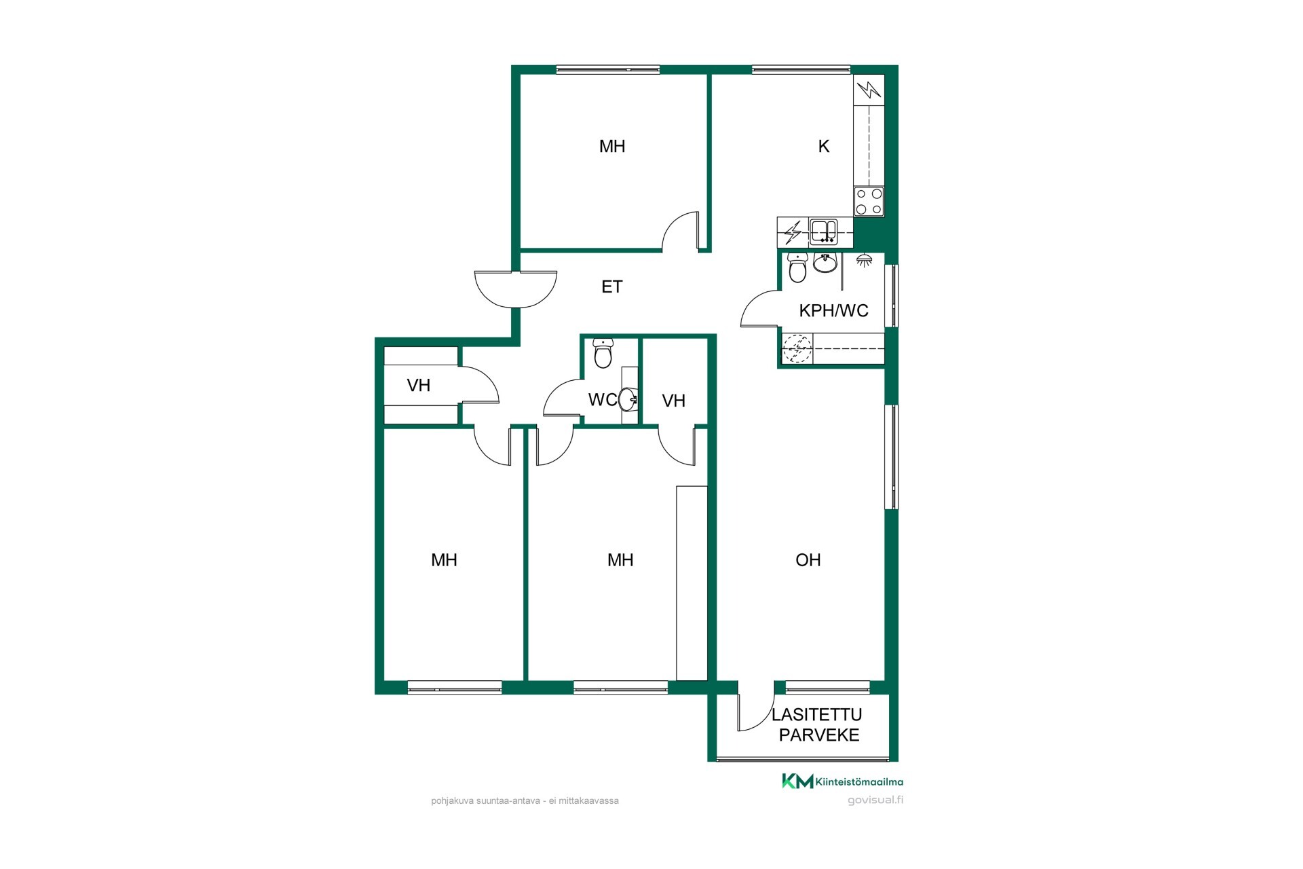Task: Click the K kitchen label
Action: tap(824, 146)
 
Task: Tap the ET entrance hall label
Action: tap(611, 286)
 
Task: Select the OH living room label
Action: tap(808, 559)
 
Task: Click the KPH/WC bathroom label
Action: tap(833, 310)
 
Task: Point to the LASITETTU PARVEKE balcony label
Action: tap(818, 724)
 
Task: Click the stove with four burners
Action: tap(869, 202)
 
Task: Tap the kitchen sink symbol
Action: tap(823, 232)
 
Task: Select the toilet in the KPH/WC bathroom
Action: tap(797, 267)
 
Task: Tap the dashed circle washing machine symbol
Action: tap(797, 349)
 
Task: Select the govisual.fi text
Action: tap(875, 800)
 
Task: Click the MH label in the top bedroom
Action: tap(611, 146)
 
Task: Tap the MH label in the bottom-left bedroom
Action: tap(444, 559)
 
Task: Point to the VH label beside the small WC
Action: tap(673, 401)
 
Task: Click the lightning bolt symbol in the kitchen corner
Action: tap(869, 89)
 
